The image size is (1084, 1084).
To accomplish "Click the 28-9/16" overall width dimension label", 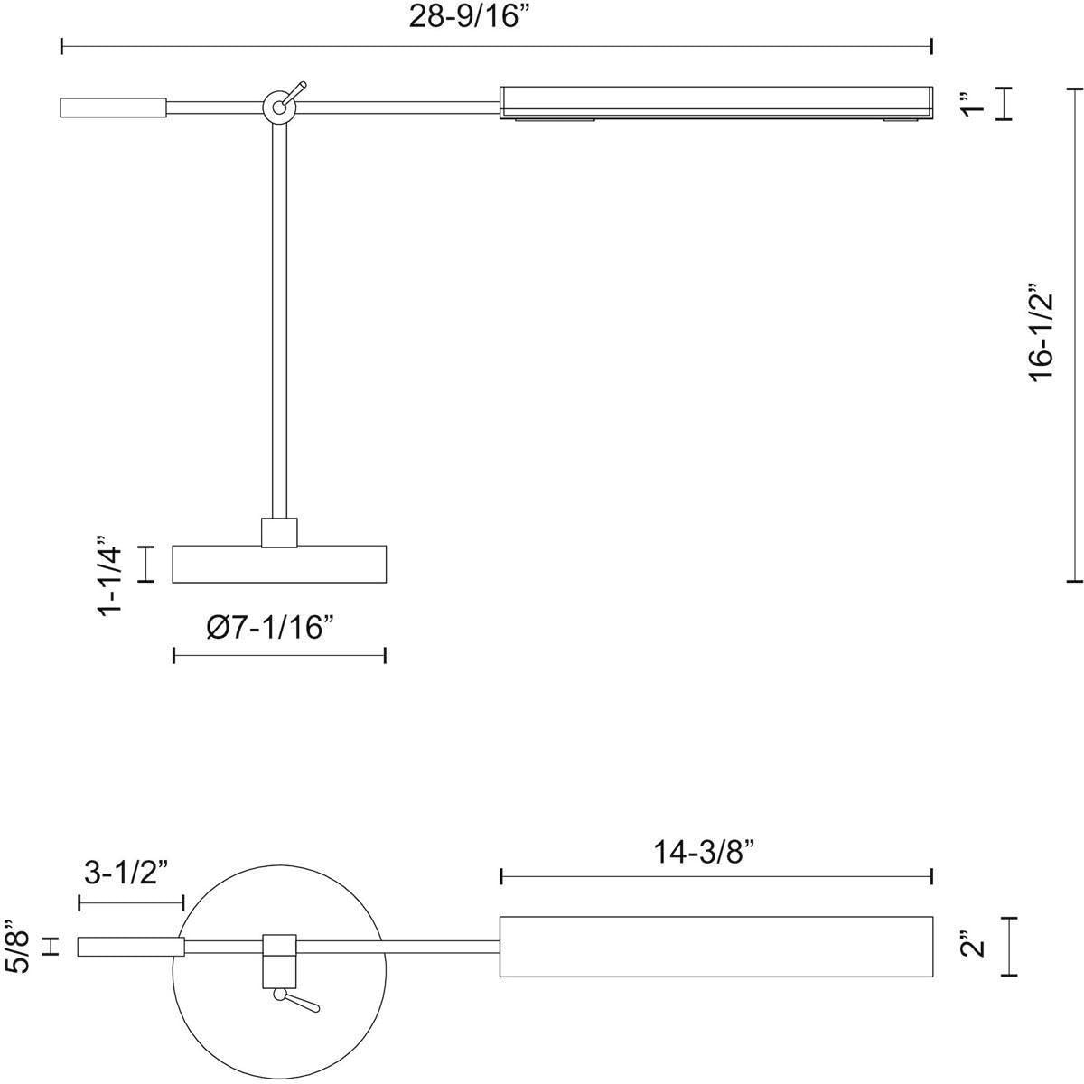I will (467, 18).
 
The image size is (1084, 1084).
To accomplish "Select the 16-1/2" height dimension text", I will (1042, 335).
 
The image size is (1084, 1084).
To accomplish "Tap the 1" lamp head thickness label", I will (971, 102).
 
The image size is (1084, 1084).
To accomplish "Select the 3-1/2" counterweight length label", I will (127, 873).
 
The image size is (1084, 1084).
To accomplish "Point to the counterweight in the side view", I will (113, 107).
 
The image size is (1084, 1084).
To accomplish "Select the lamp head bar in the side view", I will (715, 102).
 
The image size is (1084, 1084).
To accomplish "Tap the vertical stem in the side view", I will (279, 316).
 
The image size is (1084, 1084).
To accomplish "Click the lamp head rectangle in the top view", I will (715, 946).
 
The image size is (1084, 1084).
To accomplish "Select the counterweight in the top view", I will (131, 946).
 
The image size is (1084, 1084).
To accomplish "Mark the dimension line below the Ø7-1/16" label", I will (279, 655).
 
